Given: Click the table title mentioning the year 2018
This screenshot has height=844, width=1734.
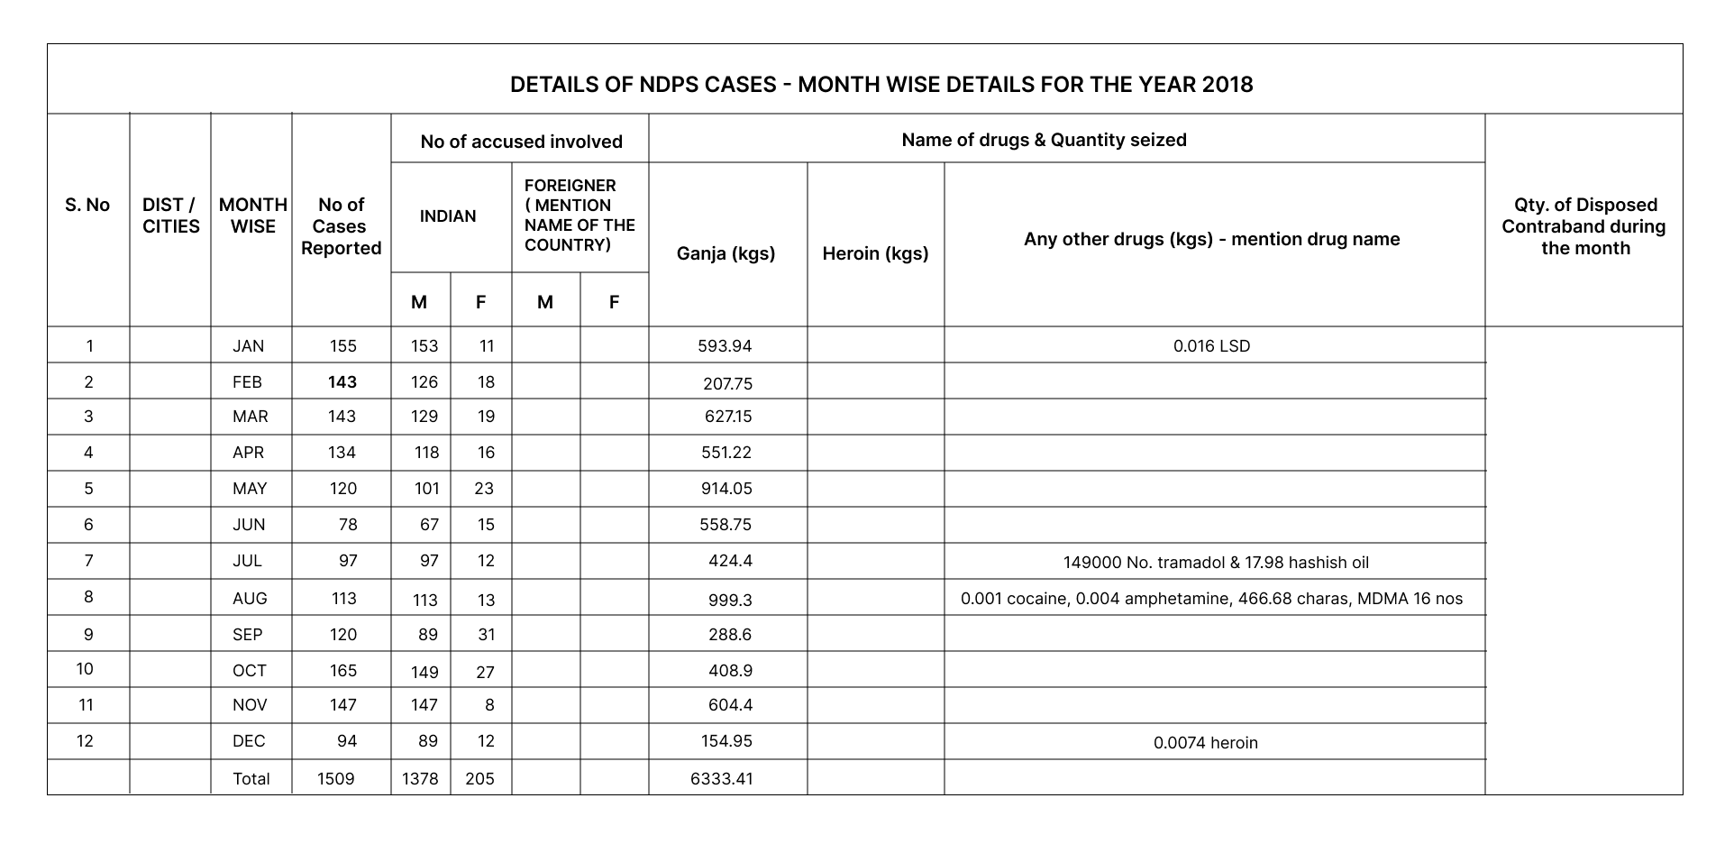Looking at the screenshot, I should [x=881, y=85].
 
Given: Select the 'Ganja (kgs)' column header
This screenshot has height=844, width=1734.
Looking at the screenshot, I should [x=726, y=253].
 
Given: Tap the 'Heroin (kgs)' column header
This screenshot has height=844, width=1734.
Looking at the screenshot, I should [x=875, y=253].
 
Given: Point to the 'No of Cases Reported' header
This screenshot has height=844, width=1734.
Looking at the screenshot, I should [x=342, y=226].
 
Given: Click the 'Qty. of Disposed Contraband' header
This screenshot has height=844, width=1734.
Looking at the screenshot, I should [x=1583, y=226].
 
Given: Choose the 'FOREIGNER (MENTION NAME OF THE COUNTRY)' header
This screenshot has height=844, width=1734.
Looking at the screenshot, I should [x=580, y=216].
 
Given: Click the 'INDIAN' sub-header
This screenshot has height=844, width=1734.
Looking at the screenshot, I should [x=448, y=216].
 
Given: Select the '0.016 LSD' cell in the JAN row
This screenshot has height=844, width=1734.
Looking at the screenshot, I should [x=1211, y=346].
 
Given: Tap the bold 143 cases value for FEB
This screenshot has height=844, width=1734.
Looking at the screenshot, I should [x=342, y=382].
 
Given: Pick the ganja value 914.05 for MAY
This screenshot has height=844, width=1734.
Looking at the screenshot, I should [x=726, y=489].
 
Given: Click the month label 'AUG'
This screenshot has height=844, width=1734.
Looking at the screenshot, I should [x=250, y=599].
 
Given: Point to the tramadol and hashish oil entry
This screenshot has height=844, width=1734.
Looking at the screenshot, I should [x=1216, y=563].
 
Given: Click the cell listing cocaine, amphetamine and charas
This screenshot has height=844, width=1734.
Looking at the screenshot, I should [x=1211, y=599].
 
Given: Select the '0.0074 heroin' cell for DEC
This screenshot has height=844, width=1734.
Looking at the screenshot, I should [x=1205, y=743].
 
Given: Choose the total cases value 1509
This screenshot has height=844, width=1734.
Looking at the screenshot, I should [x=335, y=779].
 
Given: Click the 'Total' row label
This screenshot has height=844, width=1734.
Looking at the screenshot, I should [x=251, y=779].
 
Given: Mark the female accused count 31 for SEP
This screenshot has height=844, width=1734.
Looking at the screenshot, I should [x=487, y=635].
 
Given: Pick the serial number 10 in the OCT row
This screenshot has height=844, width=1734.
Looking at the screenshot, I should [x=85, y=669].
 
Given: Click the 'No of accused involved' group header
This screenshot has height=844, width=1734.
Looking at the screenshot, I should [x=521, y=142].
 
